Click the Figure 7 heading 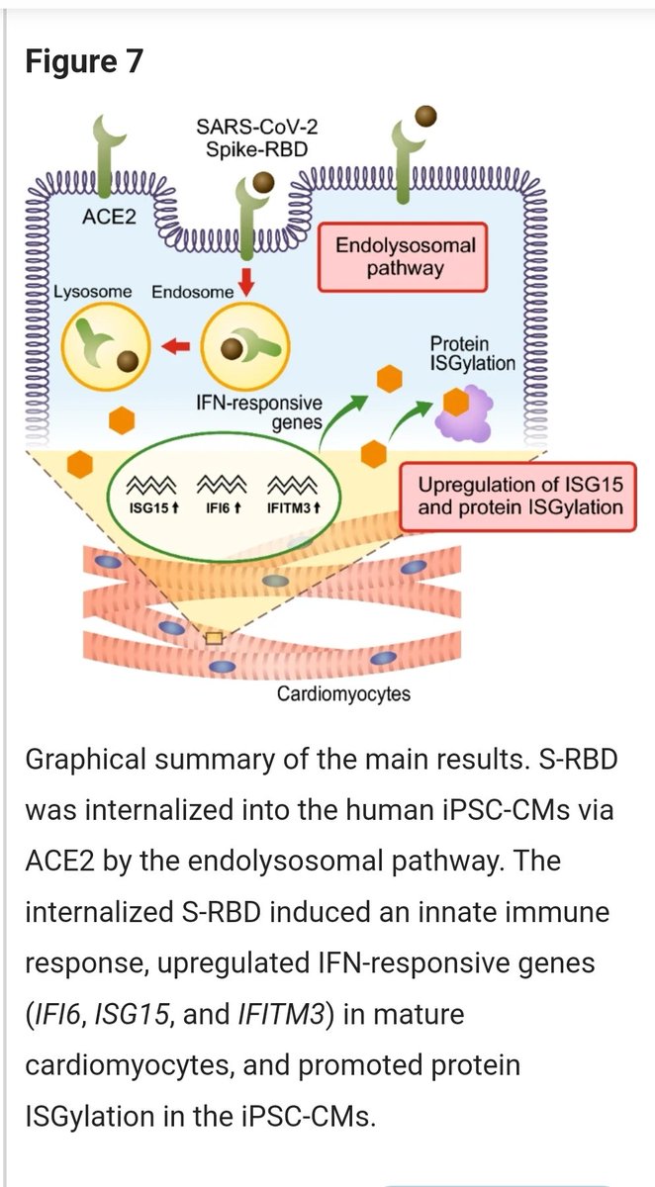point(84,61)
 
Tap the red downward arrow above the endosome point(247,282)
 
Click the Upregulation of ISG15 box point(519,498)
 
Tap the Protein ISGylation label point(472,353)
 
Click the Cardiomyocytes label point(343,693)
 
